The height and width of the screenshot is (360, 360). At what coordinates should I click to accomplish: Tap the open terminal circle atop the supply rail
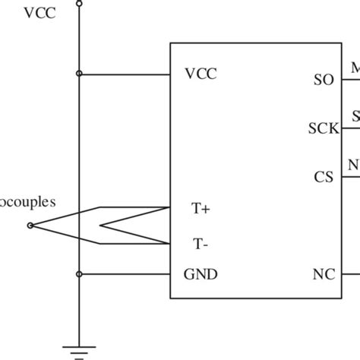(79, 3)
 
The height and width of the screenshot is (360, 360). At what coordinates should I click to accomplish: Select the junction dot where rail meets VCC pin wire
(79, 74)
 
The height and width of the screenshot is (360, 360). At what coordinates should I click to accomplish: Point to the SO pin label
(323, 79)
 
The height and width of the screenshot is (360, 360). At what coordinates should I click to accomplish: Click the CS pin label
(324, 177)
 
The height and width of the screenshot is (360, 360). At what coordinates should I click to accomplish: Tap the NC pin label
(323, 274)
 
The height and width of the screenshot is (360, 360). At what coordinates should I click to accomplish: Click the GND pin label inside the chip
(201, 274)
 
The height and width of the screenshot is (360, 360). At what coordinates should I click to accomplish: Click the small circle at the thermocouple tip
(30, 226)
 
